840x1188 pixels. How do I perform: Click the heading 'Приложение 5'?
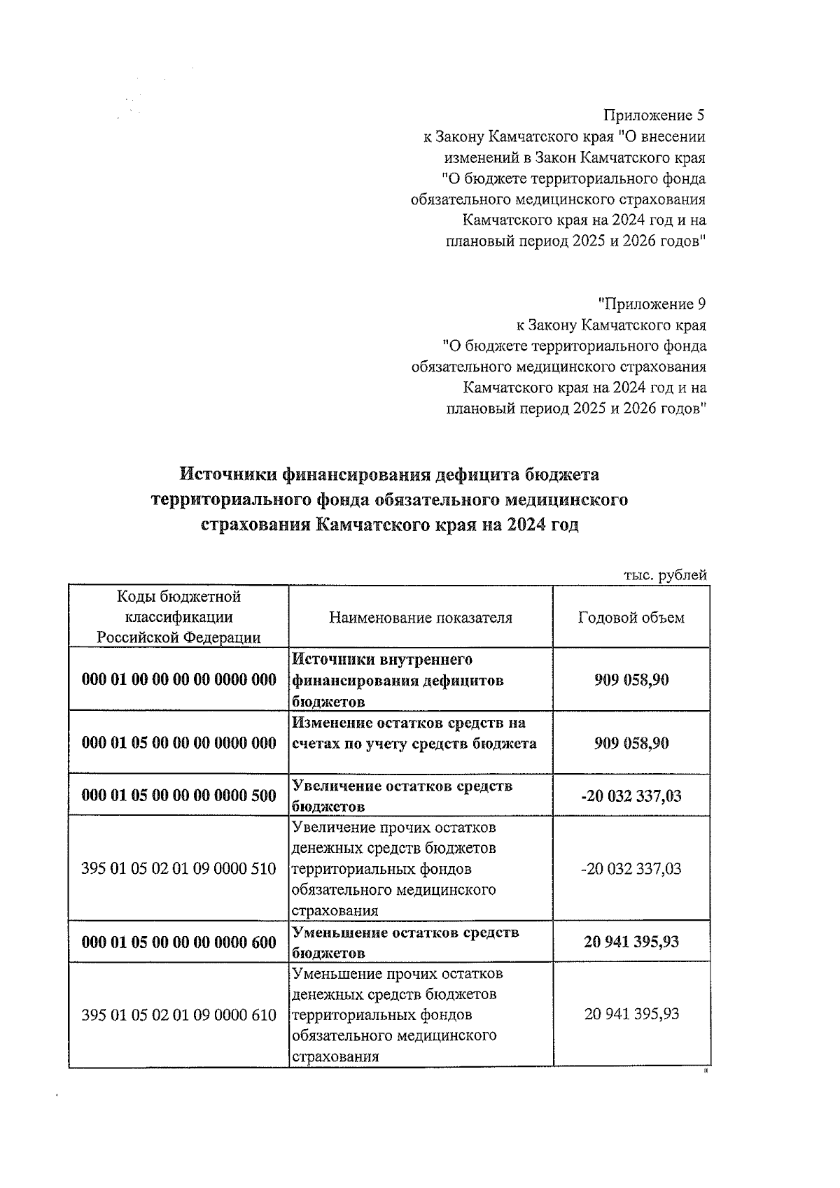click(654, 115)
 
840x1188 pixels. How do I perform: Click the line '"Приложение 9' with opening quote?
click(652, 304)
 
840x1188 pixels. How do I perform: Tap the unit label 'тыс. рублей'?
click(665, 575)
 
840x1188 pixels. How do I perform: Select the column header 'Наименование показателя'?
click(420, 618)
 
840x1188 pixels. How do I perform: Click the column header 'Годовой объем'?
click(631, 618)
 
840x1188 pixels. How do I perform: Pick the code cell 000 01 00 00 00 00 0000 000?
click(179, 680)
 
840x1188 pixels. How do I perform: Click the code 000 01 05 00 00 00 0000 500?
click(179, 795)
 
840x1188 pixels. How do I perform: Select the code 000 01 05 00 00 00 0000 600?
click(179, 942)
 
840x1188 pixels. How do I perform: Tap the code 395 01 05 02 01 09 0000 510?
click(179, 869)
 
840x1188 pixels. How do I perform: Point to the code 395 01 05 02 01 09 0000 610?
click(179, 1015)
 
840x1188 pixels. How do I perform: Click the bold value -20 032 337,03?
click(631, 795)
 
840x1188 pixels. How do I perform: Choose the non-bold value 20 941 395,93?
click(631, 1014)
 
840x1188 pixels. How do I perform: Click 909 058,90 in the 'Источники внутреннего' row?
click(631, 680)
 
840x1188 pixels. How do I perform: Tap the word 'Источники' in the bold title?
click(228, 475)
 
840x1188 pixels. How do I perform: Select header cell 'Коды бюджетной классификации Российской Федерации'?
click(178, 617)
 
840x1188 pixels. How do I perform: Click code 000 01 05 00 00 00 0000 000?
click(179, 743)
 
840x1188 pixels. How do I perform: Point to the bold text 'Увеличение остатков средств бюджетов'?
click(402, 795)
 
